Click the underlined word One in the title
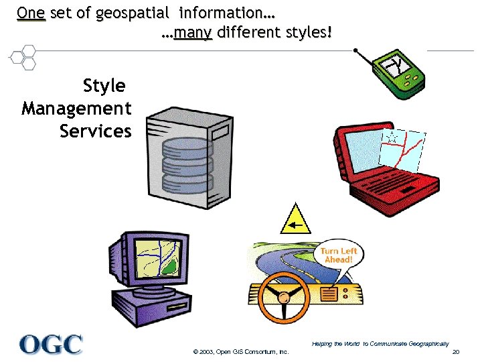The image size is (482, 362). click(x=31, y=13)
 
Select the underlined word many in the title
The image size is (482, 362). click(x=192, y=32)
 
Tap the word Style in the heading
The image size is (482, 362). click(x=104, y=86)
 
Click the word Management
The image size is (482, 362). click(x=76, y=109)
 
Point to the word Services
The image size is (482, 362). click(x=95, y=131)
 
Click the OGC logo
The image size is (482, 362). click(x=52, y=345)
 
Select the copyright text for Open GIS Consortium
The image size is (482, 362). click(x=240, y=352)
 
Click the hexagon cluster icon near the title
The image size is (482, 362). click(x=25, y=57)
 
